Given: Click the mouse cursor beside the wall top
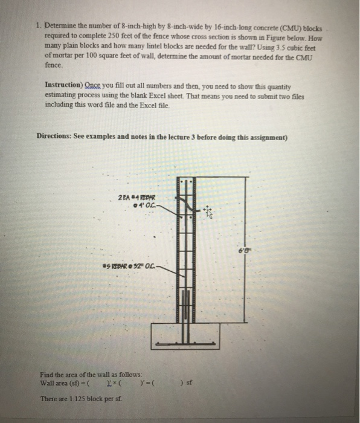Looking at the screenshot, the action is [208, 212].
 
